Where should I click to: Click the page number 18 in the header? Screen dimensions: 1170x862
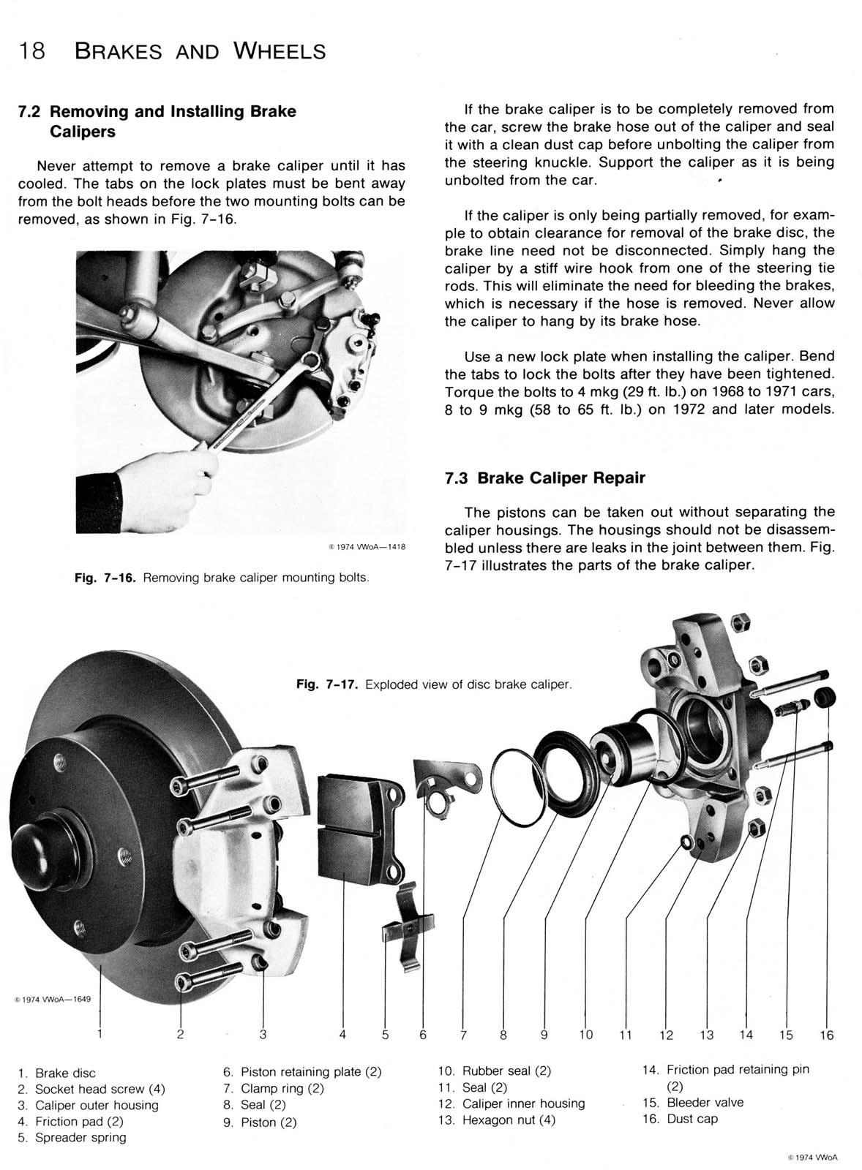(x=32, y=51)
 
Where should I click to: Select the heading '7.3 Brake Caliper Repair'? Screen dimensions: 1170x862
(x=544, y=478)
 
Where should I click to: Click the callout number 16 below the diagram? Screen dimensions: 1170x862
(x=826, y=1035)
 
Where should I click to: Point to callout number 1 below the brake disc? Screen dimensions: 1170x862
(x=100, y=1034)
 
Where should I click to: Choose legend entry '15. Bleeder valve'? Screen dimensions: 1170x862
(x=692, y=1102)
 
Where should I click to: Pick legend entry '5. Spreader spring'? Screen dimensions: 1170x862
(x=72, y=1137)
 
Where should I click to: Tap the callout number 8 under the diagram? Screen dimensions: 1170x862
(x=503, y=1035)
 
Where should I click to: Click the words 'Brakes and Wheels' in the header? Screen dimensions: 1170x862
(x=200, y=51)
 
